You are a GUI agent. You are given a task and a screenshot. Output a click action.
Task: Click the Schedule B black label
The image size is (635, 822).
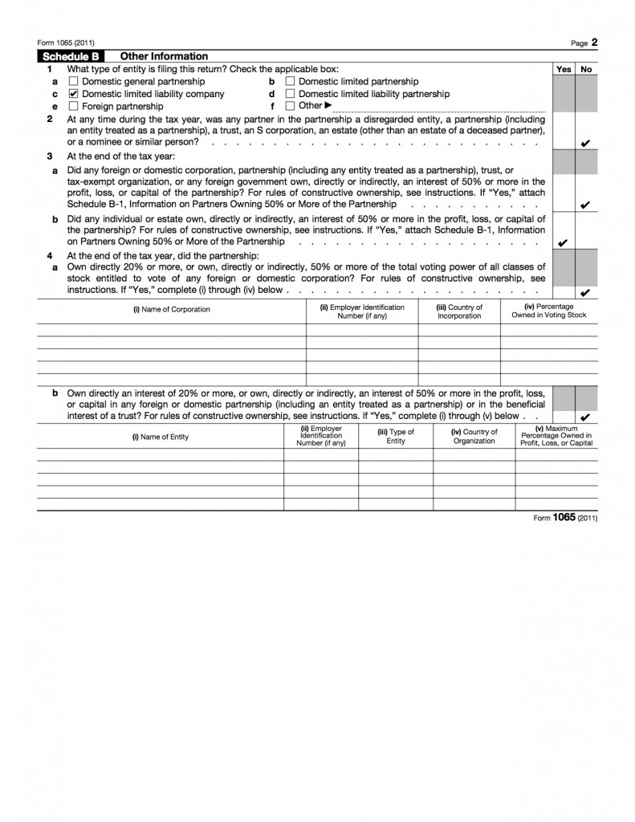coord(76,56)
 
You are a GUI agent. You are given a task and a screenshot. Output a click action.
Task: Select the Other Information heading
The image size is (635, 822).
coord(164,56)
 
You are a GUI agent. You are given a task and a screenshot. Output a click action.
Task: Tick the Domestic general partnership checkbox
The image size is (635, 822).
coord(74,82)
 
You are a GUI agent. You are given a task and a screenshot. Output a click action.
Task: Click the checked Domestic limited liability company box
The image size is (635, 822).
coord(74,94)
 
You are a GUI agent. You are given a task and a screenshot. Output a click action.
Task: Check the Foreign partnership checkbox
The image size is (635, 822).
coord(74,106)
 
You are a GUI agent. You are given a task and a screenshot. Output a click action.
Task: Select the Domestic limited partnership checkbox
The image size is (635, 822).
coord(290,82)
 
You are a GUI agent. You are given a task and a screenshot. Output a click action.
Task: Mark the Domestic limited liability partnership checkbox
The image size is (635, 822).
coord(290,94)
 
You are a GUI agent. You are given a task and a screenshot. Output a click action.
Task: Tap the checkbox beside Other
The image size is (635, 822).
coord(290,106)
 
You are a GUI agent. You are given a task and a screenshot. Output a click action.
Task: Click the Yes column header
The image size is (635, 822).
coord(564,69)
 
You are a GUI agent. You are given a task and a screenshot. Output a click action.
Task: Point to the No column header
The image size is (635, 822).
coord(586,69)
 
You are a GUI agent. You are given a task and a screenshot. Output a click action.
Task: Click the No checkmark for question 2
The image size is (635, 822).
coord(585,143)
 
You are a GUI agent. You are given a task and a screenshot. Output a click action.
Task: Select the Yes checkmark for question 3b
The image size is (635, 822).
coord(564,242)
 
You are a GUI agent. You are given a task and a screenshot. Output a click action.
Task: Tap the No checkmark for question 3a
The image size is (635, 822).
coord(585,205)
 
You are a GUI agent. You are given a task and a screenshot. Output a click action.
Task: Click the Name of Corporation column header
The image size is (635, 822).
coord(172,309)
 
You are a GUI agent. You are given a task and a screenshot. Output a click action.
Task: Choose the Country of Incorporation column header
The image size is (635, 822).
coord(459,311)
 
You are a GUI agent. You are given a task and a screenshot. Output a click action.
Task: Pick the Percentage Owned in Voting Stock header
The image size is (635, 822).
coord(549,311)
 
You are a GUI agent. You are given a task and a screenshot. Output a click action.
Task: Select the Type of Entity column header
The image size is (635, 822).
coord(396,437)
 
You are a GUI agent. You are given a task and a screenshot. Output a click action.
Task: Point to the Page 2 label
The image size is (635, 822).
coord(584,43)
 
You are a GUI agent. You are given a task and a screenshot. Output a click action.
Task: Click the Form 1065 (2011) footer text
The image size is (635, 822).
coord(565,518)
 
